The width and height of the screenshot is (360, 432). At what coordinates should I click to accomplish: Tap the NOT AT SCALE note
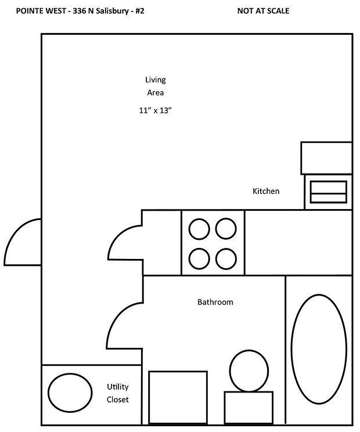(x=264, y=11)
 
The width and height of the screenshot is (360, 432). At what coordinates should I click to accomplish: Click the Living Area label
(x=155, y=86)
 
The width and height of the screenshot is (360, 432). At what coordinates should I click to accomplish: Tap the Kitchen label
(x=266, y=191)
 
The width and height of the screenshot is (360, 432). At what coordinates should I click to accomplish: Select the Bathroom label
(x=215, y=302)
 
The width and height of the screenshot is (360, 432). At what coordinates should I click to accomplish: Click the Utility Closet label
(x=117, y=393)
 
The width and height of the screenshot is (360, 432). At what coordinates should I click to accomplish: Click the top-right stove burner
(x=225, y=229)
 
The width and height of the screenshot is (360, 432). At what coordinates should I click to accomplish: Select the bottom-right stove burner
(x=225, y=256)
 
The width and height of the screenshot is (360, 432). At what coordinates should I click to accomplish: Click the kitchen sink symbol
(x=329, y=192)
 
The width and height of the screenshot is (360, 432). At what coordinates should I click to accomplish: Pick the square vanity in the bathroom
(x=178, y=398)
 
